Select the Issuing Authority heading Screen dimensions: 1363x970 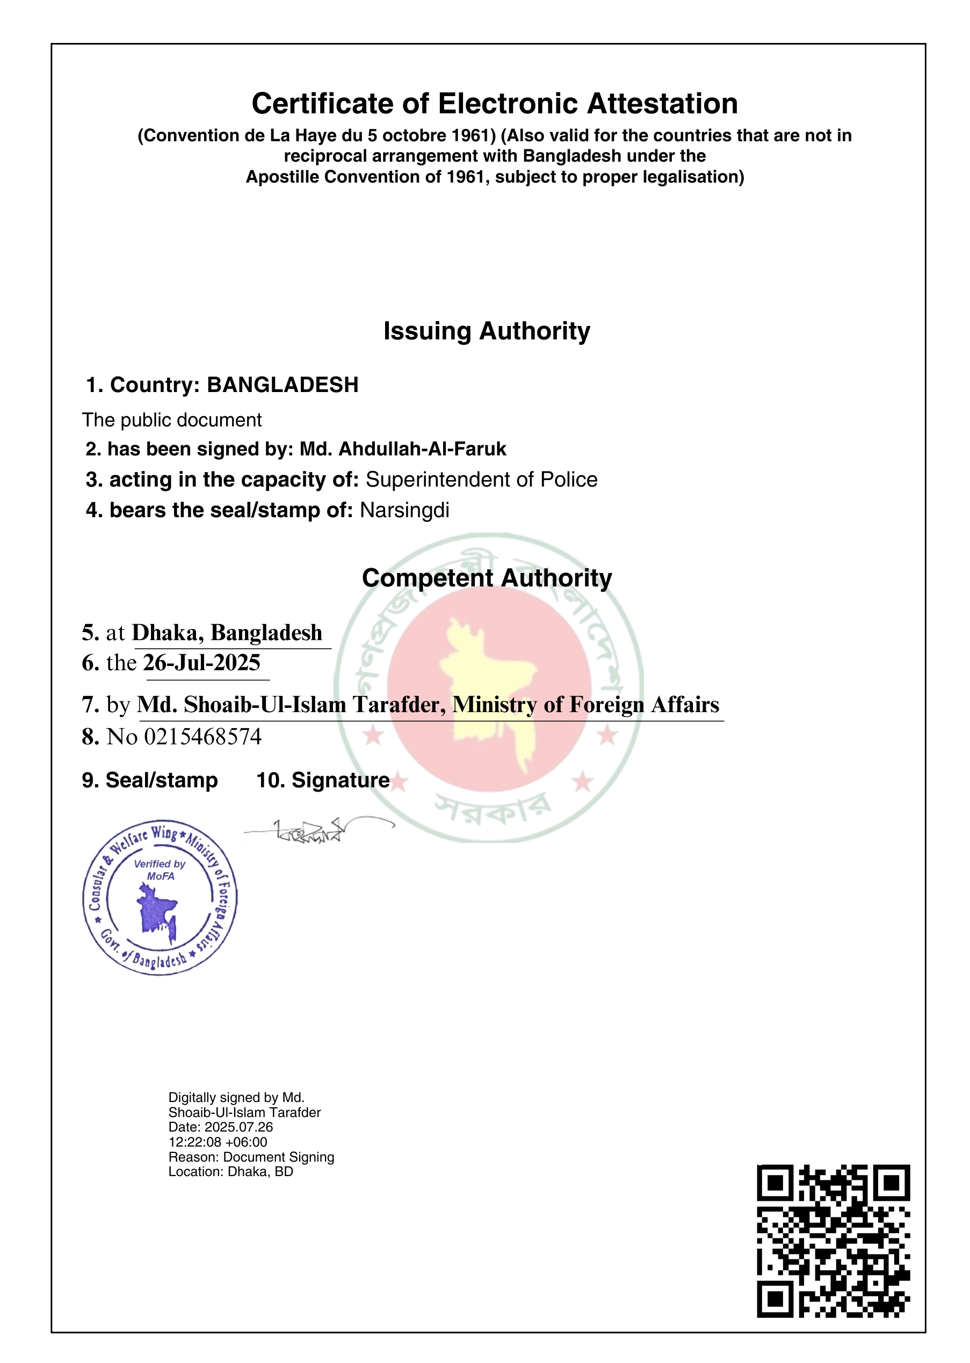pos(486,331)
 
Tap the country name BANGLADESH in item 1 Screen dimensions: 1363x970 pos(283,385)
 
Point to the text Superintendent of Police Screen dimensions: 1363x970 pos(481,480)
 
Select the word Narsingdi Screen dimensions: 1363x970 pos(404,510)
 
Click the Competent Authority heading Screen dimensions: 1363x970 pos(487,578)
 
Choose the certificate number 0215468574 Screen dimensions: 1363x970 pos(202,737)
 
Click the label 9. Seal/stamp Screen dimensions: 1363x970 pos(150,780)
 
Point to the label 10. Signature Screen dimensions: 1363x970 pos(323,780)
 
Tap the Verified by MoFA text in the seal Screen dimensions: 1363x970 pos(160,869)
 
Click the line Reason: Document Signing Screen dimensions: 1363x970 pos(251,1157)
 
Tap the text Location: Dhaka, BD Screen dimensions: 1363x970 pos(230,1172)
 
